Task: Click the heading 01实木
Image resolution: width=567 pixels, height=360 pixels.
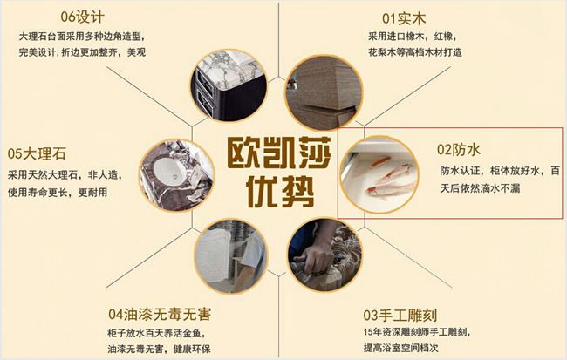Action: [404, 18]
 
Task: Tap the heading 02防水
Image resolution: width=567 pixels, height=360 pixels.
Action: [459, 149]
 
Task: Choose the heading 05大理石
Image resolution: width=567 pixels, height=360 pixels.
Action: [37, 153]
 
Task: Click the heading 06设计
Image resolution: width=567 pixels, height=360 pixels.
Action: [83, 17]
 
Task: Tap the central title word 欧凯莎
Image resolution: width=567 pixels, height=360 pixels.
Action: [279, 153]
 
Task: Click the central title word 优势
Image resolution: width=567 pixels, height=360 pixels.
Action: [279, 191]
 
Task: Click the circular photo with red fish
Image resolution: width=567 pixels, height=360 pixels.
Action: [379, 174]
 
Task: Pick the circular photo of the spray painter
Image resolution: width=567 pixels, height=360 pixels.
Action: [231, 256]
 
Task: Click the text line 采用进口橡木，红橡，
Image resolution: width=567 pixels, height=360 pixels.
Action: [413, 37]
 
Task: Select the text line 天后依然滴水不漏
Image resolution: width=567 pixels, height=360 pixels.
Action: [481, 188]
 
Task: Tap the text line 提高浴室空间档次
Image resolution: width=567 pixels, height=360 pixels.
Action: [400, 348]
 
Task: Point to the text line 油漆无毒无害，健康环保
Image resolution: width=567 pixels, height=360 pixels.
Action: [159, 349]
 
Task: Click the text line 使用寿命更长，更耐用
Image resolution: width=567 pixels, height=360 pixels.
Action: [58, 193]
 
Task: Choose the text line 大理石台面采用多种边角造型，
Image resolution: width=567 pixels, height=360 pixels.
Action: [83, 37]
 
